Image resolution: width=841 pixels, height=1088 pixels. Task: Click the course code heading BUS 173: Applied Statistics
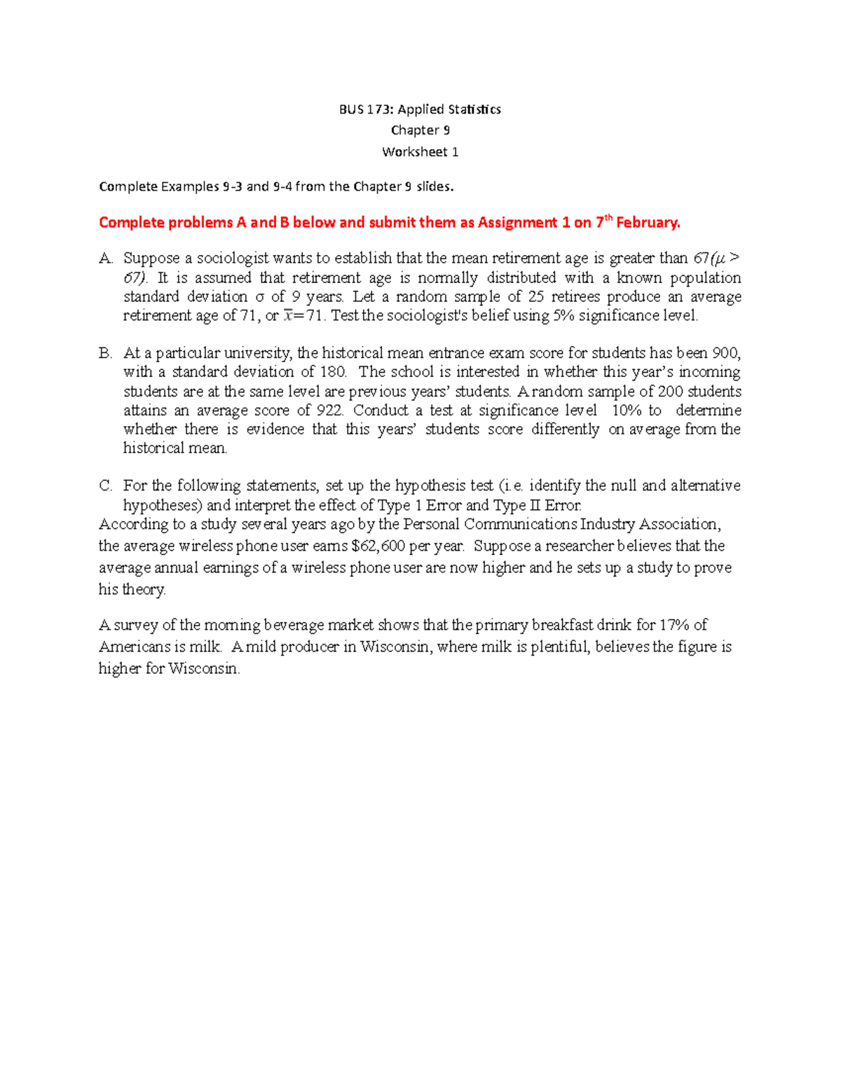point(420,109)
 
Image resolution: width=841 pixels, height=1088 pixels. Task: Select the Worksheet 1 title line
point(420,152)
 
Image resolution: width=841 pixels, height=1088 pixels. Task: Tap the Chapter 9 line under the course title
point(420,130)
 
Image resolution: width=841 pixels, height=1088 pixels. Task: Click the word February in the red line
point(647,223)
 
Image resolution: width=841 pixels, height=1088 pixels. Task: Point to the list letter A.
point(105,259)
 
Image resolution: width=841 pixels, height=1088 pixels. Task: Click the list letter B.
point(105,353)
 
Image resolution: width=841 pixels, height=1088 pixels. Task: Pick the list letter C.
point(105,486)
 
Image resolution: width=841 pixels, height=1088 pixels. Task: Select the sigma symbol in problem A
point(259,297)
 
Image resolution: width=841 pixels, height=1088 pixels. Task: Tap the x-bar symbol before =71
point(288,316)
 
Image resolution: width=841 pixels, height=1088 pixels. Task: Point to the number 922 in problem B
point(327,411)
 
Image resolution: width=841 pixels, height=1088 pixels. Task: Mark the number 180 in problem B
point(333,372)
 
